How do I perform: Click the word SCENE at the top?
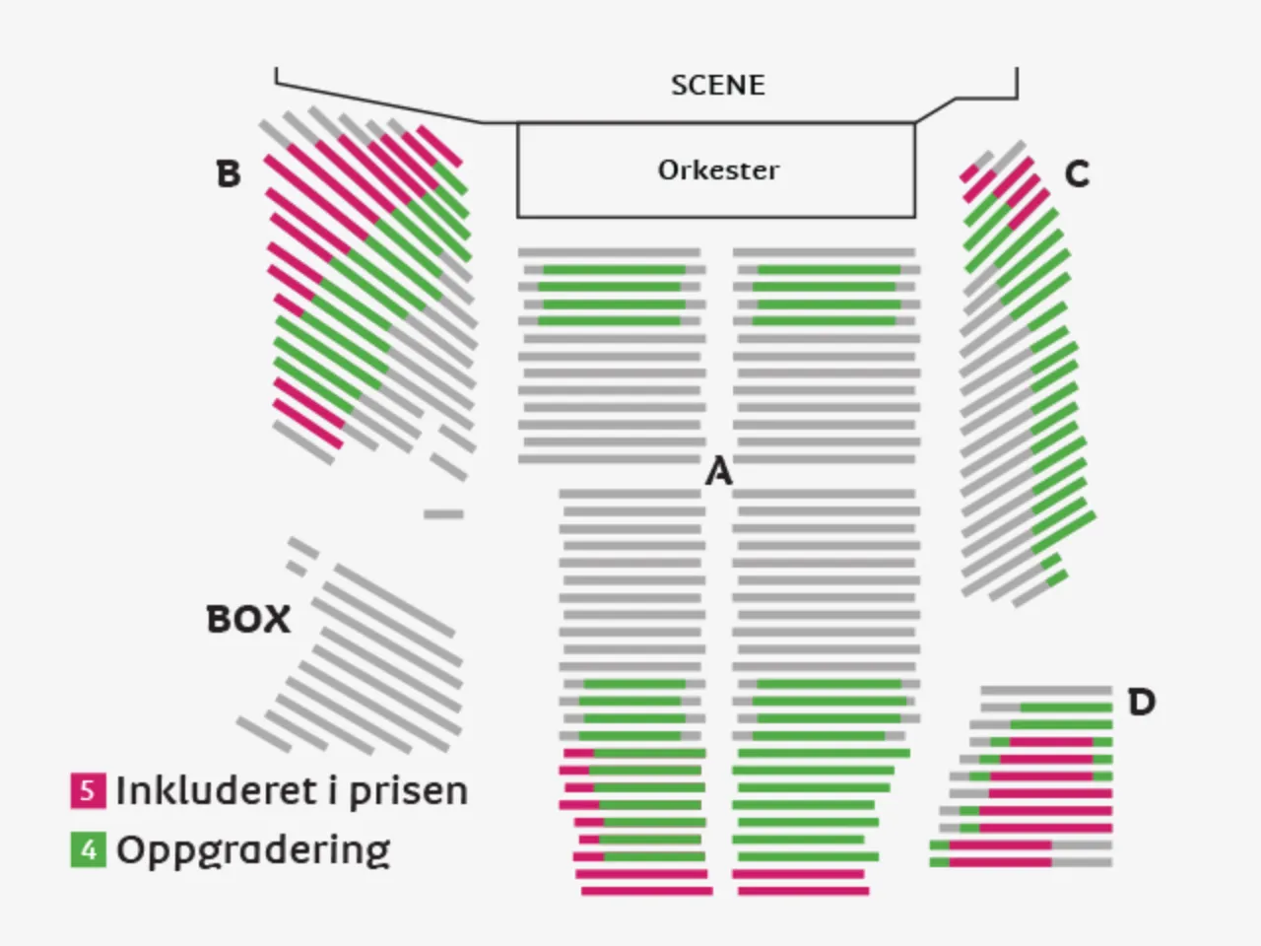pyautogui.click(x=717, y=85)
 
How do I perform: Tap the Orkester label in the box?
pyautogui.click(x=717, y=169)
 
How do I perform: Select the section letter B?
pyautogui.click(x=228, y=174)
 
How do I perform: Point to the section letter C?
pyautogui.click(x=1077, y=174)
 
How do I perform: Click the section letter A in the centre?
pyautogui.click(x=719, y=472)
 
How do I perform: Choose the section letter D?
pyautogui.click(x=1141, y=703)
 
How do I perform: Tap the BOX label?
pyautogui.click(x=248, y=620)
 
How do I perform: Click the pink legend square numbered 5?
pyautogui.click(x=88, y=790)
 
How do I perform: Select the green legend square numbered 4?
pyautogui.click(x=88, y=848)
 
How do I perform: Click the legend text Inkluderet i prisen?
pyautogui.click(x=292, y=790)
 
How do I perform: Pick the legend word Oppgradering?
pyautogui.click(x=253, y=849)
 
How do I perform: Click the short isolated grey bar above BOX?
pyautogui.click(x=443, y=513)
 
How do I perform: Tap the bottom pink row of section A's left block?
pyautogui.click(x=646, y=891)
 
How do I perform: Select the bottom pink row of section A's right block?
pyautogui.click(x=803, y=891)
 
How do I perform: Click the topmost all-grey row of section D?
pyautogui.click(x=1046, y=690)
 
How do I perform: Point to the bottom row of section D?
pyautogui.click(x=1021, y=862)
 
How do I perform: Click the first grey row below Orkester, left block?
pyautogui.click(x=609, y=253)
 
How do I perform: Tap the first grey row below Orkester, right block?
pyautogui.click(x=824, y=253)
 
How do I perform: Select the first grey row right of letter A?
pyautogui.click(x=826, y=494)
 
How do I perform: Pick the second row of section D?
pyautogui.click(x=1046, y=708)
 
